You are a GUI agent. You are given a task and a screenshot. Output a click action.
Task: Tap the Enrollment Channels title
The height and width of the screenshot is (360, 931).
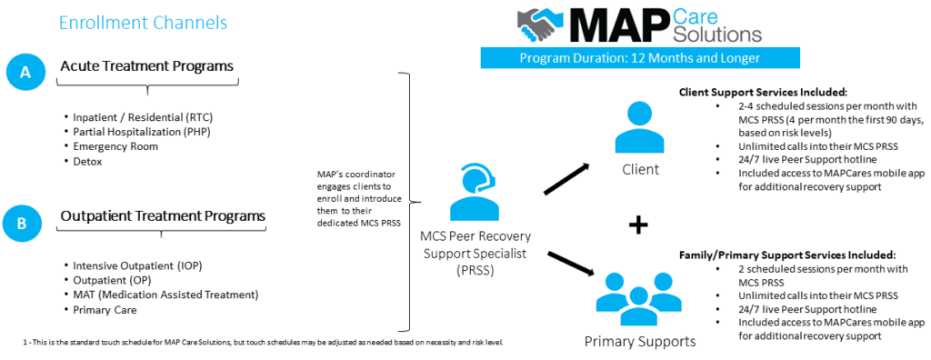pyautogui.click(x=143, y=21)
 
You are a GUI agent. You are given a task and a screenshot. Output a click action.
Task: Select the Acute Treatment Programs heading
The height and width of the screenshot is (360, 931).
pyautogui.click(x=146, y=65)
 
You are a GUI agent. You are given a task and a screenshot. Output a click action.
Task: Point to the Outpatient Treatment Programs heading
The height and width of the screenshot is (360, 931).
pyautogui.click(x=163, y=215)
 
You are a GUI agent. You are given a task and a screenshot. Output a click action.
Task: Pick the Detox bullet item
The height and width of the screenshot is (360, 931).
pyautogui.click(x=89, y=161)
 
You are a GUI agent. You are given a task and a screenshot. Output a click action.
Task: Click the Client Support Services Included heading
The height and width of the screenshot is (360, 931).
pyautogui.click(x=763, y=93)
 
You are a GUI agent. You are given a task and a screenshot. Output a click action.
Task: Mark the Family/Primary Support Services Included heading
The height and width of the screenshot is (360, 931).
pyautogui.click(x=787, y=255)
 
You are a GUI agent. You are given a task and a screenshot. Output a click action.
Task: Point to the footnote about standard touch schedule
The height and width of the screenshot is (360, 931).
pyautogui.click(x=263, y=342)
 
